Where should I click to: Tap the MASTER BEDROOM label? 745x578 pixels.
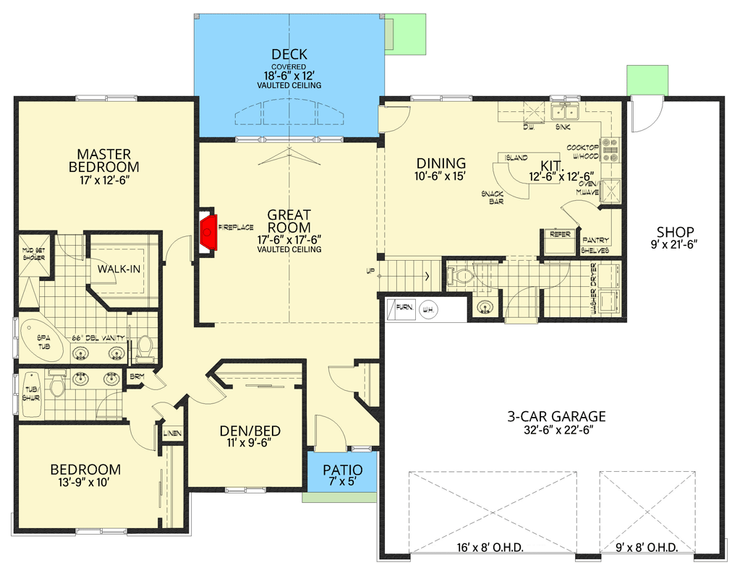tap(104, 160)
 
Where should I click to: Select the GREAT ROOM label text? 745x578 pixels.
tap(289, 220)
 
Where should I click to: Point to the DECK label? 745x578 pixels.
tap(289, 54)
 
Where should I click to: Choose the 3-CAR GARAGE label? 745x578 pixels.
tap(555, 417)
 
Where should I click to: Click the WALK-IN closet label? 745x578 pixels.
tap(119, 269)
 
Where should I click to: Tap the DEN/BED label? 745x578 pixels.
tap(250, 431)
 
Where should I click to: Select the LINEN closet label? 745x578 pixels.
tap(173, 433)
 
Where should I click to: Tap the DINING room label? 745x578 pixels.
tap(440, 163)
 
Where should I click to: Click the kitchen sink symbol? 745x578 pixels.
tap(564, 112)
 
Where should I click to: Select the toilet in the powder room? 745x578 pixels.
tap(461, 275)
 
